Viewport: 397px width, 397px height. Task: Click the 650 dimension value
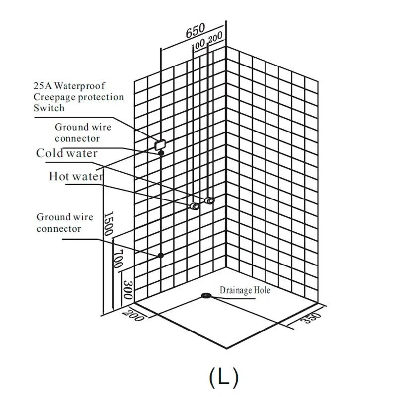[x=195, y=32]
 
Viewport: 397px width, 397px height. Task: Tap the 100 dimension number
[x=198, y=44]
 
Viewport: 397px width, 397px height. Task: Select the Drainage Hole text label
[x=245, y=290]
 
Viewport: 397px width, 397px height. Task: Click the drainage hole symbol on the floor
[x=206, y=296]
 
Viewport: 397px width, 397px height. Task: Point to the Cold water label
[x=67, y=153]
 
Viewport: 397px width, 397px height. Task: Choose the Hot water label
[x=75, y=176]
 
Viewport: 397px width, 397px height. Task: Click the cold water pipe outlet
[x=210, y=200]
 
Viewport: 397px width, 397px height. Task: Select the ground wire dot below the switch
[x=161, y=153]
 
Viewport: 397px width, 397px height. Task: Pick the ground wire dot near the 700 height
[x=161, y=255]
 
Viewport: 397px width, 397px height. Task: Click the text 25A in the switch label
[x=41, y=86]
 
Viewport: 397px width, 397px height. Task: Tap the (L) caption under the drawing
[x=224, y=377]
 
